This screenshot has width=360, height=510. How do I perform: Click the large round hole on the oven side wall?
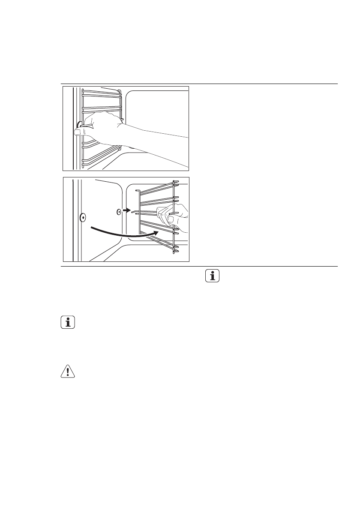click(x=82, y=217)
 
